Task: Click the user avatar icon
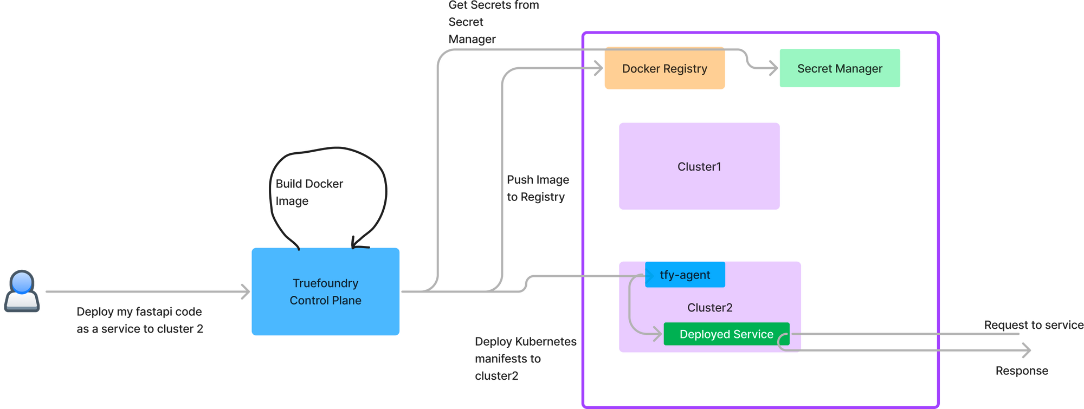tap(22, 291)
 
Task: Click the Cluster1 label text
tap(699, 167)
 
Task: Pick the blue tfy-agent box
tap(685, 275)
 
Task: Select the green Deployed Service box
tap(726, 334)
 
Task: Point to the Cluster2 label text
tap(709, 308)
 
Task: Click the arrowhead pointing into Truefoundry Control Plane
tap(246, 291)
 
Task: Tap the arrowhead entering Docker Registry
tap(598, 69)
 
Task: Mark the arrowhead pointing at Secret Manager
tap(773, 69)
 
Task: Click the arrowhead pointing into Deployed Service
tap(657, 334)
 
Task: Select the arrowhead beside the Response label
tap(1027, 350)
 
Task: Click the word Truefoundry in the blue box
tap(325, 283)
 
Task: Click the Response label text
tap(1022, 371)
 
